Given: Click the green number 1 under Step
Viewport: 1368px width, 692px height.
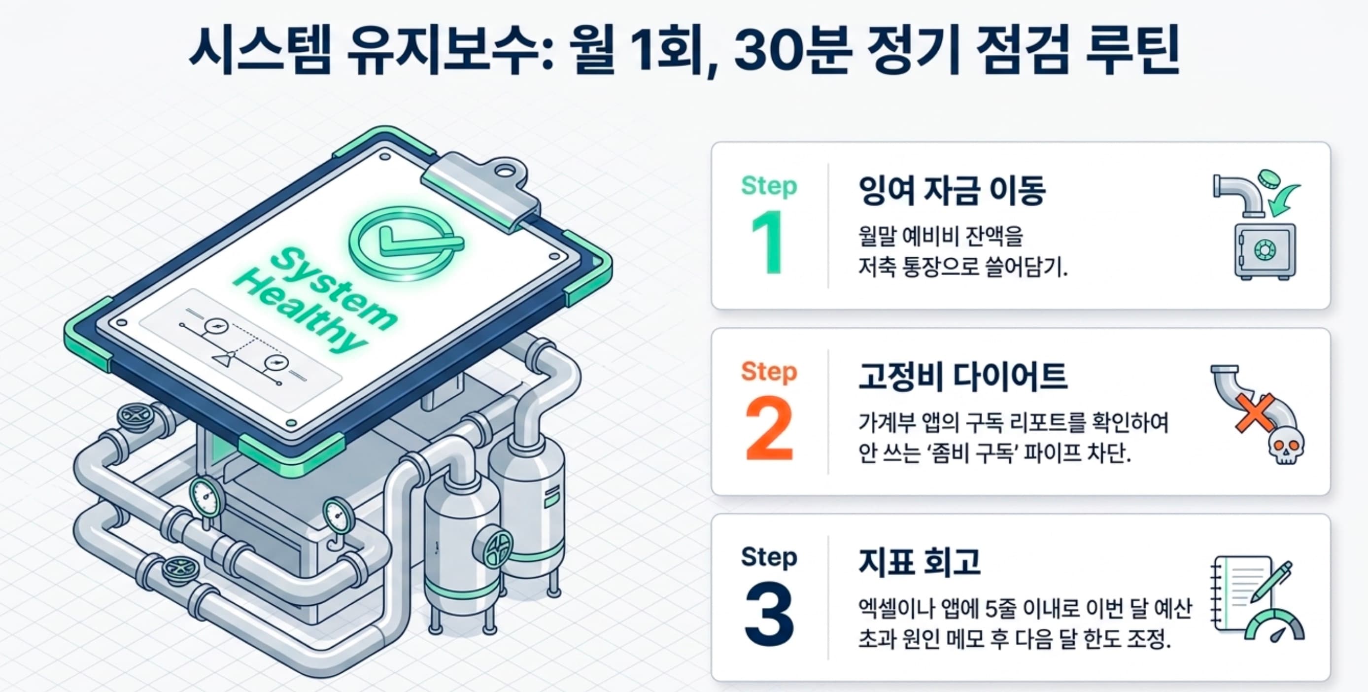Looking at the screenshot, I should pyautogui.click(x=768, y=242).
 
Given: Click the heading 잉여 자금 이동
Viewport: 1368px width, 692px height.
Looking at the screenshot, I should pyautogui.click(x=952, y=190).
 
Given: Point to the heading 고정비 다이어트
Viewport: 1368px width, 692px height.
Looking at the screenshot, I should pyautogui.click(x=962, y=376).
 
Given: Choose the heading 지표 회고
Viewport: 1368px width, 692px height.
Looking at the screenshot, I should pyautogui.click(x=919, y=562).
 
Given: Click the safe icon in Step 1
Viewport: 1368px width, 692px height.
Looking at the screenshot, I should pyautogui.click(x=1265, y=250).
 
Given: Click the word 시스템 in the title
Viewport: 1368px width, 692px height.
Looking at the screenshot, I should pyautogui.click(x=260, y=50).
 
